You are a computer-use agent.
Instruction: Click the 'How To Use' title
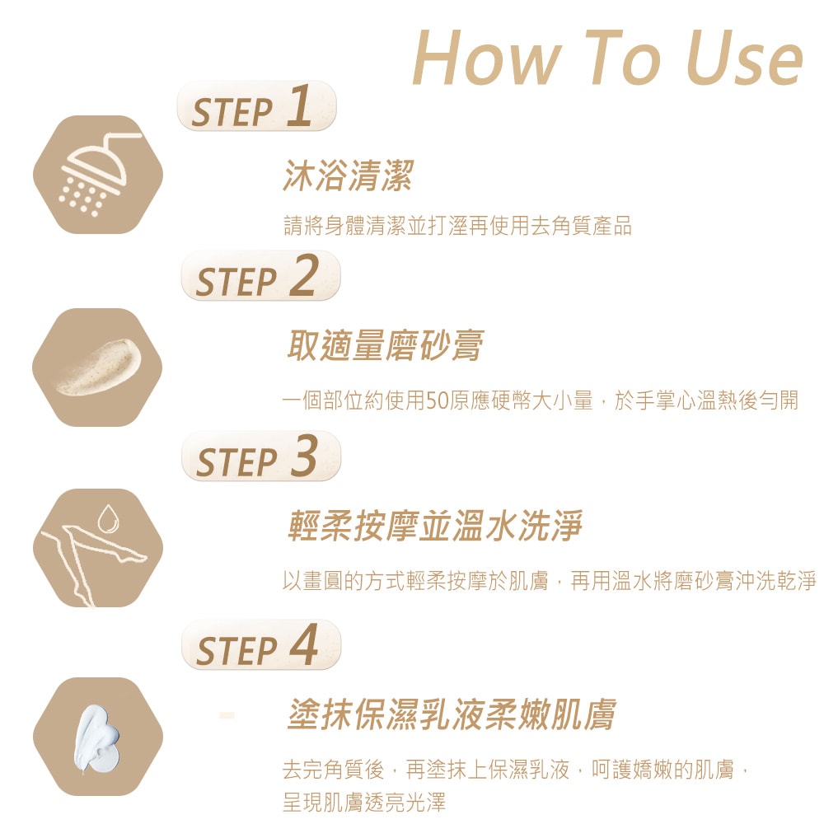click(607, 57)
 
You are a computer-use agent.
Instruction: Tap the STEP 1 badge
click(256, 108)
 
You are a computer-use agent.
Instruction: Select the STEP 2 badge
click(260, 276)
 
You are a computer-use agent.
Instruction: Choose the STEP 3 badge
click(260, 456)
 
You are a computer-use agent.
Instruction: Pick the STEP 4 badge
click(260, 644)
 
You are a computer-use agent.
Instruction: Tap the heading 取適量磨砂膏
click(384, 346)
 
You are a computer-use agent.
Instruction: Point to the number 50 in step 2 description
click(436, 401)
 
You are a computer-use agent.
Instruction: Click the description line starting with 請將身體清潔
click(457, 226)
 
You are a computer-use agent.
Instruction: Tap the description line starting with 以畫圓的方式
click(549, 580)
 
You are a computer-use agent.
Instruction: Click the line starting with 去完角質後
click(515, 771)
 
